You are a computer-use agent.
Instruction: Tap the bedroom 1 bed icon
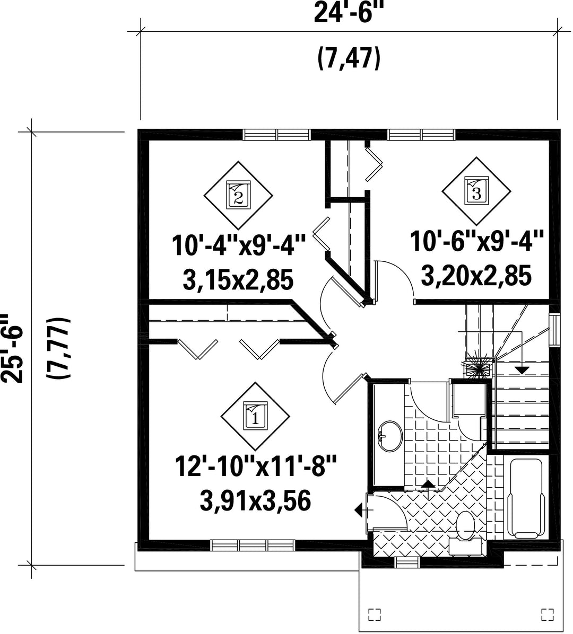pos(255,416)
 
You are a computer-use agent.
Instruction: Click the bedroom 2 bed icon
pos(238,195)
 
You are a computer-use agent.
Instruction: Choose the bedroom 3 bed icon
pos(476,191)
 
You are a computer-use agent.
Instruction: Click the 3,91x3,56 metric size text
pos(255,500)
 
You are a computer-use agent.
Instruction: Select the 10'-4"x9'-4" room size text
pos(238,245)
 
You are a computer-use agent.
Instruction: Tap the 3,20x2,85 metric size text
pos(476,276)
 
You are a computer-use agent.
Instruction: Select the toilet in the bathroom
pos(465,532)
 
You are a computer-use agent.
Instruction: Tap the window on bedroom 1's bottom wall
pos(254,545)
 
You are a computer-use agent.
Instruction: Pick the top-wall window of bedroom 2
pos(277,134)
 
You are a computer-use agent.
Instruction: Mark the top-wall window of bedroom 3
pos(421,134)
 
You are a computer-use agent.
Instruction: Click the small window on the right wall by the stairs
pos(554,330)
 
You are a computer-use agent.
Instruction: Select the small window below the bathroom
pos(407,562)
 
